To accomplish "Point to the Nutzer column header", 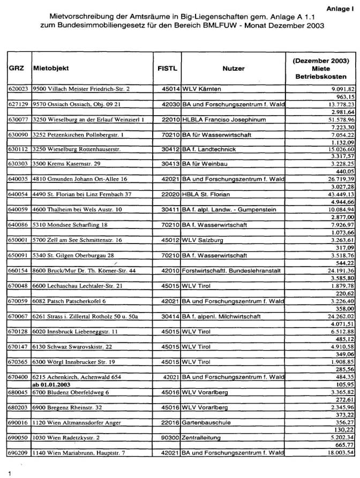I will (233, 69).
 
